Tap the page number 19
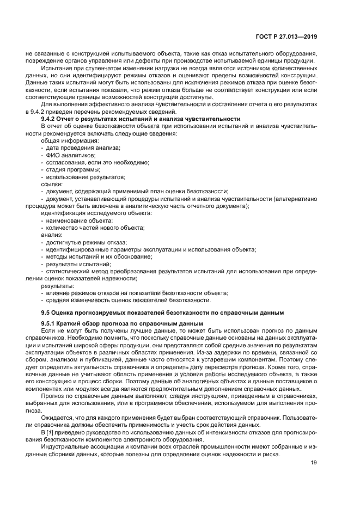click(x=314, y=463)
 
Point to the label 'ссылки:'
click(x=52, y=185)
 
